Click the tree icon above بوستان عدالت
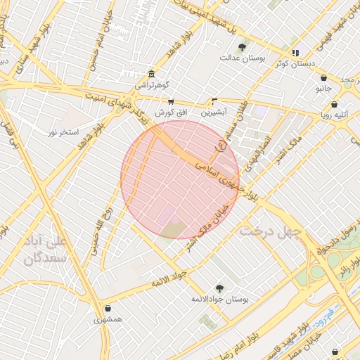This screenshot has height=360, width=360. (243, 47)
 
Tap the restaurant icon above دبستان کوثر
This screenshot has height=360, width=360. (295, 52)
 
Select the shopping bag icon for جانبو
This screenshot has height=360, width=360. (323, 78)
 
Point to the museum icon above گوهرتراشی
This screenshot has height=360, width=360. (152, 74)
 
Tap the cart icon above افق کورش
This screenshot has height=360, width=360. (170, 101)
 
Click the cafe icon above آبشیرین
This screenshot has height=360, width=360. (214, 101)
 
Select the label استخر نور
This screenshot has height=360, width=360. (63, 131)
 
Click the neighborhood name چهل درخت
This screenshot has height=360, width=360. (270, 231)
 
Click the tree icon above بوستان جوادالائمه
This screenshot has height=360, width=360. (219, 288)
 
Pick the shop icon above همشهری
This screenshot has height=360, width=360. (108, 308)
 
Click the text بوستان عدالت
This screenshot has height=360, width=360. (243, 58)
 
